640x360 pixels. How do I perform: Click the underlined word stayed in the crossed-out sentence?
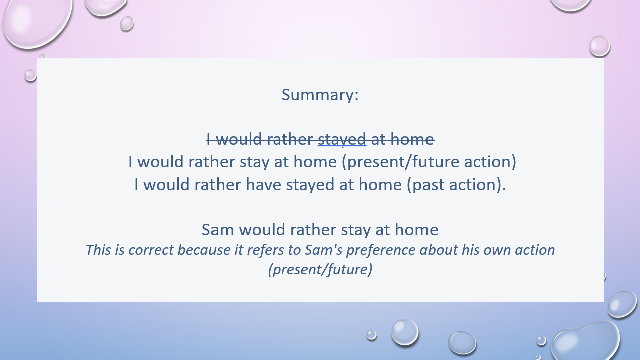342,140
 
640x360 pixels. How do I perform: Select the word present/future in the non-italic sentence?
400,162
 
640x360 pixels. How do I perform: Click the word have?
264,184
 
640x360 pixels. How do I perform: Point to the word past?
425,185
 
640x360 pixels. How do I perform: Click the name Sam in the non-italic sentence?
218,229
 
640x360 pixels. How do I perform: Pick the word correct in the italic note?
151,250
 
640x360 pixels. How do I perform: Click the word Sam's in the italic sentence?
323,250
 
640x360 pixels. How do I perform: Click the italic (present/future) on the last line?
320,269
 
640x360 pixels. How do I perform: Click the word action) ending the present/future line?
490,162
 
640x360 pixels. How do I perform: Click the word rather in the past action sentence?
218,184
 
